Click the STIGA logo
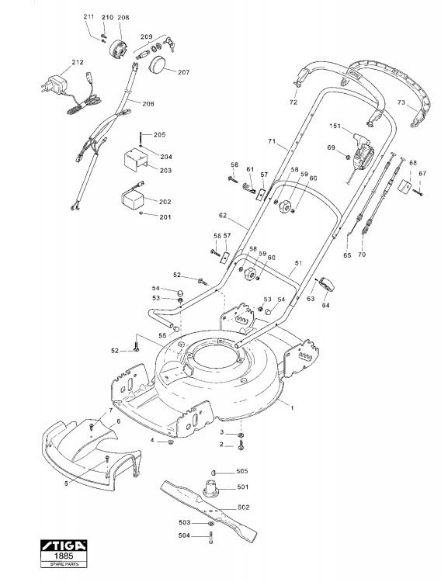[64, 546]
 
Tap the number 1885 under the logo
[64, 556]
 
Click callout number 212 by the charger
[78, 62]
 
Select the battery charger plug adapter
[54, 85]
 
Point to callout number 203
[165, 171]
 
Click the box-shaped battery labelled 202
[133, 199]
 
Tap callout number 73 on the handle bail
[401, 102]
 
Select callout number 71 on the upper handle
[272, 141]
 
